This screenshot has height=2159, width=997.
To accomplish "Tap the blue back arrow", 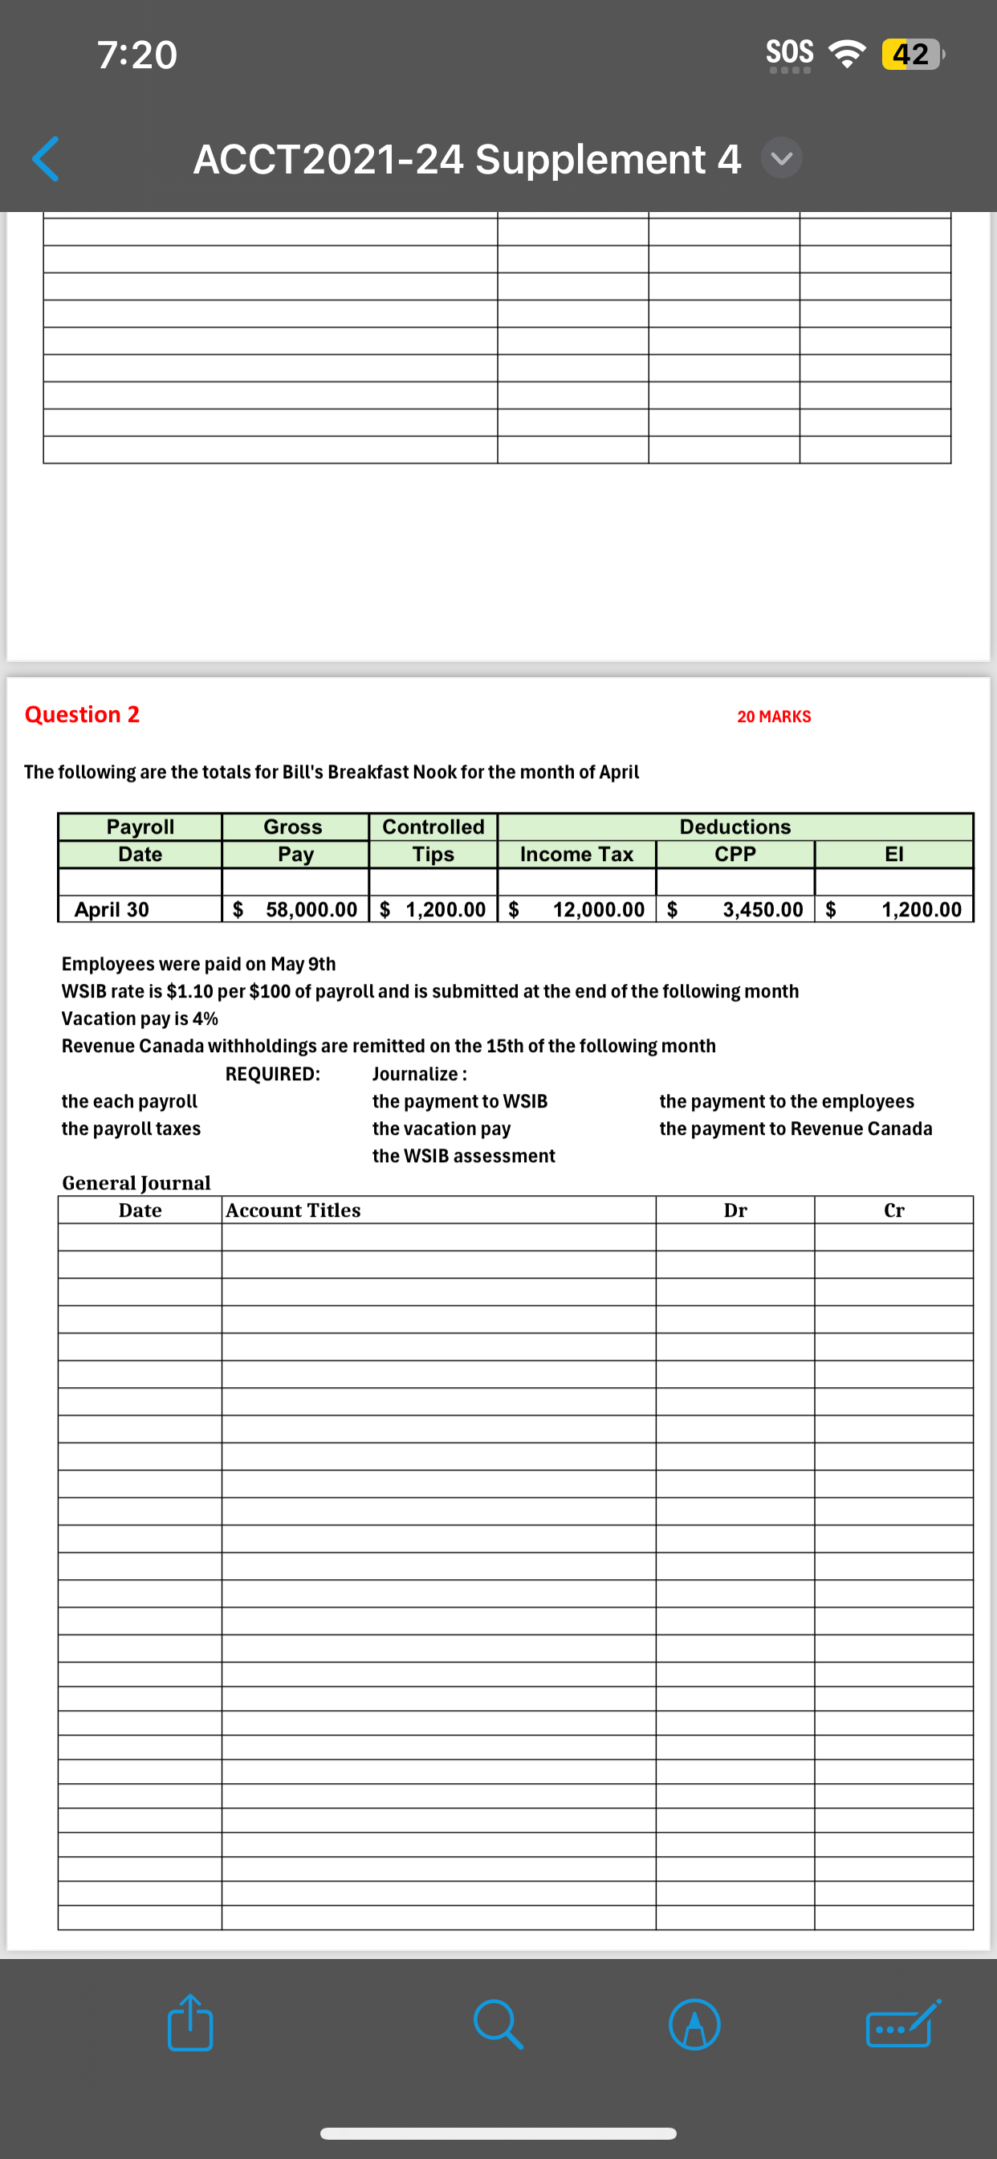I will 45,158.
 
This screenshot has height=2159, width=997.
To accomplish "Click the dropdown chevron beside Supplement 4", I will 782,158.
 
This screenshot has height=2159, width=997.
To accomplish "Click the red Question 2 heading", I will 82,714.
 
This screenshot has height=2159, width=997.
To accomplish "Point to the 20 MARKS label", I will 773,716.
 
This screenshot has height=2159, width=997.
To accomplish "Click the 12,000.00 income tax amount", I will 598,909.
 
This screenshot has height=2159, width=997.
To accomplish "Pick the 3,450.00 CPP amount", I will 763,909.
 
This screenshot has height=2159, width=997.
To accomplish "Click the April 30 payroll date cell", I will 112,909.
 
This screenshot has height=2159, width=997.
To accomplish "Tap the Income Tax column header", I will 576,854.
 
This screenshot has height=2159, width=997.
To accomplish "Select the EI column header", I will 894,854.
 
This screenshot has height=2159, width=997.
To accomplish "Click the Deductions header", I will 735,826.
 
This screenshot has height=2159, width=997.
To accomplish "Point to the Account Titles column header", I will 293,1210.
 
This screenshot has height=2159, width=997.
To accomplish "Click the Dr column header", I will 735,1210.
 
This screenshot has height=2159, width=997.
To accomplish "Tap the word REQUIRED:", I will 272,1074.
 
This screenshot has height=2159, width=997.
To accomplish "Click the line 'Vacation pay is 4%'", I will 140,1018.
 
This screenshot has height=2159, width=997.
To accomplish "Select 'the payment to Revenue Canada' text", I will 795,1128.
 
